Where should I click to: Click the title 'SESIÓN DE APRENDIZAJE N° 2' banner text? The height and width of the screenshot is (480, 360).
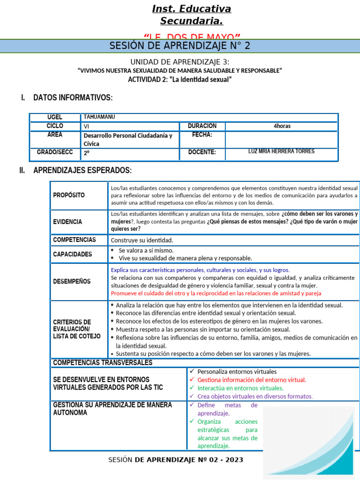tap(180, 45)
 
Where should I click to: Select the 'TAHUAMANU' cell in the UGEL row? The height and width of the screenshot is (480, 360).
tap(99, 117)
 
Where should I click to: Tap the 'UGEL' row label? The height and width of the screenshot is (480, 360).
tap(55, 117)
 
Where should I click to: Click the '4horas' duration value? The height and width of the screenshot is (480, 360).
tap(281, 126)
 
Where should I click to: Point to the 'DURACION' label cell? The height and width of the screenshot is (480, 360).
tap(202, 126)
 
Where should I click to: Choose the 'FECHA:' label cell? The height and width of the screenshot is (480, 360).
tap(202, 135)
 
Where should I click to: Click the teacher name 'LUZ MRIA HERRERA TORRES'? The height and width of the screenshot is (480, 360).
tap(281, 151)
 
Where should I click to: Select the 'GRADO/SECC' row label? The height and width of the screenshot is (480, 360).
tap(55, 152)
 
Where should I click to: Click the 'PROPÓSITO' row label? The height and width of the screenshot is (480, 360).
tap(69, 195)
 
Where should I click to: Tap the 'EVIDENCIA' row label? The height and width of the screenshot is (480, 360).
tap(67, 222)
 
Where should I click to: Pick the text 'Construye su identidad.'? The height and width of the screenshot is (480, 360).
tap(142, 240)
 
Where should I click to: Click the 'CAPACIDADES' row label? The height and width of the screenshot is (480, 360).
tap(73, 254)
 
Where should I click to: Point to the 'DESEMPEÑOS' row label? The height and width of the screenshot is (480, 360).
tap(72, 281)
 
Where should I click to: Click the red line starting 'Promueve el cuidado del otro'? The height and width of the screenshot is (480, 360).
tap(216, 293)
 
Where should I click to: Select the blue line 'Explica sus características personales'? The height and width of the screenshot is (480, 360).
tap(200, 270)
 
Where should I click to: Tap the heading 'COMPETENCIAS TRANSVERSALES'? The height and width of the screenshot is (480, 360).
tap(103, 363)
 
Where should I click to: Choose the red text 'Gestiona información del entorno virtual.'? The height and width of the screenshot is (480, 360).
tap(252, 380)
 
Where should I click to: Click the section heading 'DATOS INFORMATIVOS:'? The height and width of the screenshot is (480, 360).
tap(73, 97)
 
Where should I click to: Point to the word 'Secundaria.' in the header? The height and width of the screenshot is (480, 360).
tap(191, 21)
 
